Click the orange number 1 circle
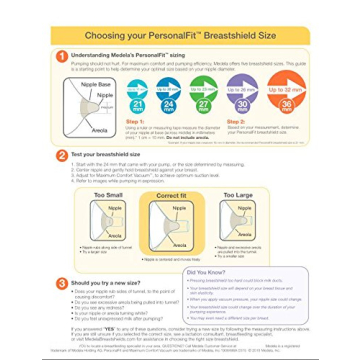coord(62,56)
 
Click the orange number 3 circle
coord(62,284)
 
